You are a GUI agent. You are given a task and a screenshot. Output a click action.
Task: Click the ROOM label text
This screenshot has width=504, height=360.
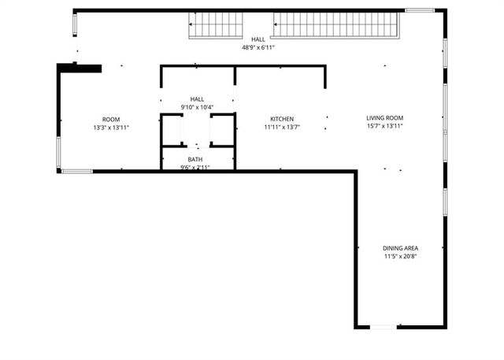tap(110, 119)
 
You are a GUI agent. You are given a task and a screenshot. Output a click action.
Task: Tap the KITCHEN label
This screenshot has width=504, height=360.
tap(281, 119)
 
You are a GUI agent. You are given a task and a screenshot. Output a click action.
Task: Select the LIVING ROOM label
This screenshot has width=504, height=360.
tap(384, 118)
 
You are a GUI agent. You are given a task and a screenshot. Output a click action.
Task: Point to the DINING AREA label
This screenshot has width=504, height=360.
tap(400, 248)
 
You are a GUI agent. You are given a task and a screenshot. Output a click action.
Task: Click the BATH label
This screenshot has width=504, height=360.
tap(195, 160)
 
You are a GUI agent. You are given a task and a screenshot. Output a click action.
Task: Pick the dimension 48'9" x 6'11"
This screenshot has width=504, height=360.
tap(258, 47)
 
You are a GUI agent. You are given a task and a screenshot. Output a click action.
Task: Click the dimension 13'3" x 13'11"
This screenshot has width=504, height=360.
tap(110, 127)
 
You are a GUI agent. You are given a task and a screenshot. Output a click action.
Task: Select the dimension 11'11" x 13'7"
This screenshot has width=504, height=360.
tap(281, 127)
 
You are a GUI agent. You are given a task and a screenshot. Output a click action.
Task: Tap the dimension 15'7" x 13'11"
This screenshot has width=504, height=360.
tap(384, 126)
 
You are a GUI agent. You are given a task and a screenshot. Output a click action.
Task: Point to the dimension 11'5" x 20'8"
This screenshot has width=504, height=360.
tap(400, 256)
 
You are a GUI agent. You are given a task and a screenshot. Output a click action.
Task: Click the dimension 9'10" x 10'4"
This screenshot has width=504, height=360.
tap(197, 107)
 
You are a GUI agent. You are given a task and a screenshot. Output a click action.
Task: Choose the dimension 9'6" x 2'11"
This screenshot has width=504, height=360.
tap(195, 167)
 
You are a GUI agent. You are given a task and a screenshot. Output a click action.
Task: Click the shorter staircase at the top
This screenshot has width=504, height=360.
tap(216, 25)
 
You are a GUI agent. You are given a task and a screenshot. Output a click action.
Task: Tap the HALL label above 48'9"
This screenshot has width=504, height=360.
tap(258, 39)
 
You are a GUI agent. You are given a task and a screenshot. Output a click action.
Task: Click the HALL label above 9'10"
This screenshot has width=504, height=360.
tap(197, 99)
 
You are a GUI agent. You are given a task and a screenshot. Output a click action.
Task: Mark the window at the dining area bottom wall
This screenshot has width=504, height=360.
tap(384, 327)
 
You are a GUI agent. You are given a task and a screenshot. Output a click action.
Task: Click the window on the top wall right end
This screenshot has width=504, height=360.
tap(419, 10)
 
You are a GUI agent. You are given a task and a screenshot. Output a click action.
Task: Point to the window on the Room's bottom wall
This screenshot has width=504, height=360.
tap(76, 171)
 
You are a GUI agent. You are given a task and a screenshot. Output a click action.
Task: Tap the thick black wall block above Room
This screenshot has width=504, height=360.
tap(83, 69)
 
